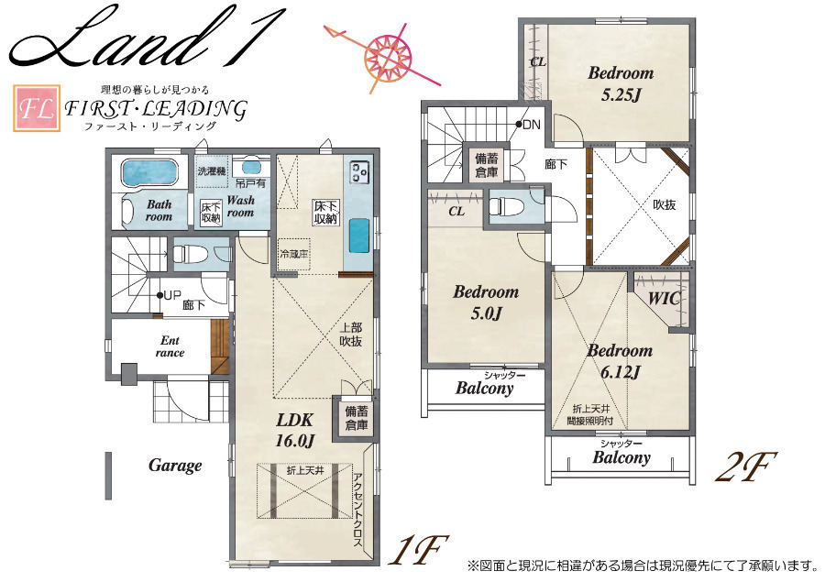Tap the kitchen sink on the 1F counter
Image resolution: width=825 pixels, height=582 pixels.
pos(358,236)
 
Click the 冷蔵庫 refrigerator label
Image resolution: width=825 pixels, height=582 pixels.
pos(294,254)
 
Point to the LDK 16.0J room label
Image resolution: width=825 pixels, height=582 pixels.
pos(295,429)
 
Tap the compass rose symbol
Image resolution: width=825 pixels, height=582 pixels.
pos(390,54)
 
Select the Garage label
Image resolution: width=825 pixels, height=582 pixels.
pos(175,466)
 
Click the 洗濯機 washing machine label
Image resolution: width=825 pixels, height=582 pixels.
pos(212,171)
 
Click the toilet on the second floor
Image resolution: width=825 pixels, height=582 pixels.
pos(504,205)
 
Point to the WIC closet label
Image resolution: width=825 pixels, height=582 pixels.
pos(664,299)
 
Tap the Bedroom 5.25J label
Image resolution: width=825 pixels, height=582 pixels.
pos(621,83)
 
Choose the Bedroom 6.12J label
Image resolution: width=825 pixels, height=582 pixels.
pos(620,361)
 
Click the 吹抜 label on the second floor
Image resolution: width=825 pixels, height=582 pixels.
pos(664,204)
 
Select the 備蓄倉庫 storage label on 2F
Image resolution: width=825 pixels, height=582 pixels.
pos(486,165)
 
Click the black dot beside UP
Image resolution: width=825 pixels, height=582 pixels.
pos(159,295)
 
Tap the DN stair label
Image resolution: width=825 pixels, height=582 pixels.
pos(532,125)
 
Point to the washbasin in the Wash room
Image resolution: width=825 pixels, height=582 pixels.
pos(251,167)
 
